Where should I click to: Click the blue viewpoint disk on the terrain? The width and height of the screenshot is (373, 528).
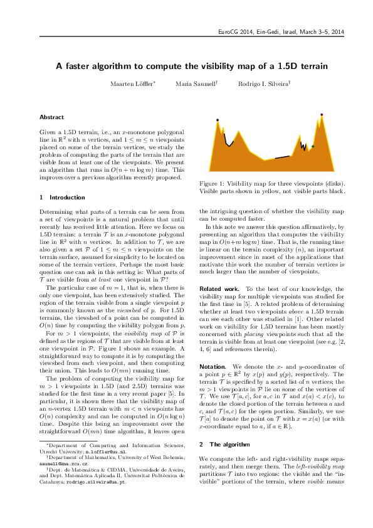coord(218,119)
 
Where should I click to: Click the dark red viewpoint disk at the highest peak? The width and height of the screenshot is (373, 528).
coord(322,115)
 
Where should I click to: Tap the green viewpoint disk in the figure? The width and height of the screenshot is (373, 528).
coord(313,146)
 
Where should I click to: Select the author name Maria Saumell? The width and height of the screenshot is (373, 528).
coord(196,83)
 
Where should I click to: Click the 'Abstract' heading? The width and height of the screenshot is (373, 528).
coord(51,117)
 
